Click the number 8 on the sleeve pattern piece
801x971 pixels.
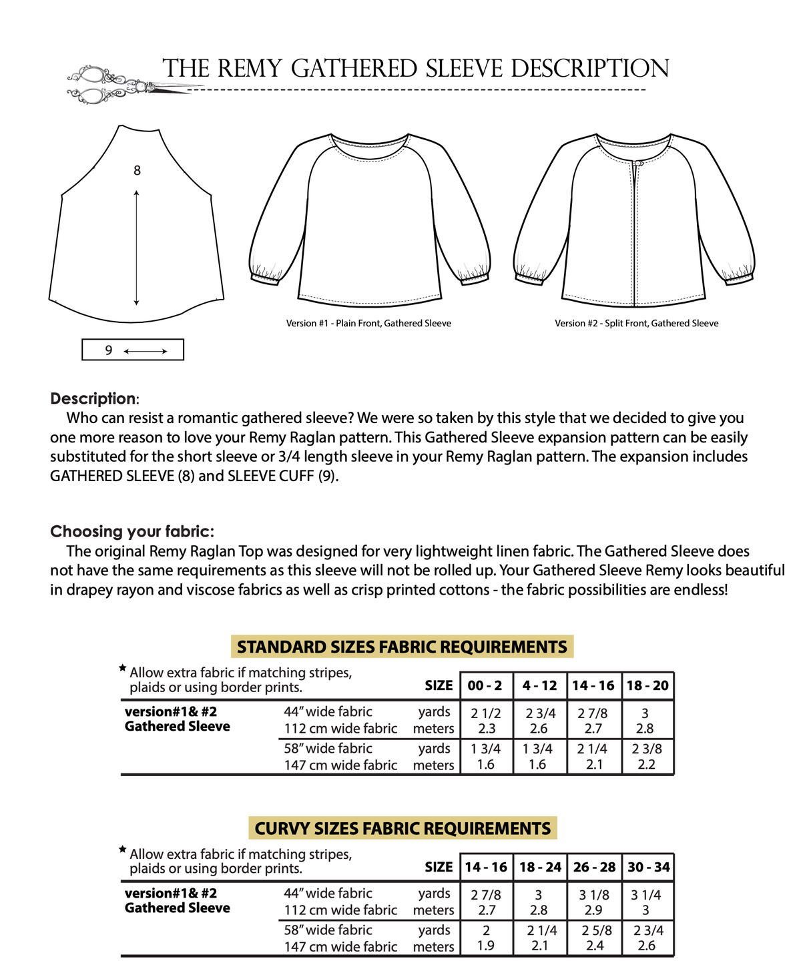click(137, 171)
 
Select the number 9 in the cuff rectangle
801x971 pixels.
click(109, 350)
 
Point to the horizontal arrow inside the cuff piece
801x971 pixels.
click(146, 351)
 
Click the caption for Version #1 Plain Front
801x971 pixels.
click(368, 324)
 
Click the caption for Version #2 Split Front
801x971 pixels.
click(636, 324)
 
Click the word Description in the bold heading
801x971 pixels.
click(93, 399)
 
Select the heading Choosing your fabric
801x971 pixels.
click(132, 532)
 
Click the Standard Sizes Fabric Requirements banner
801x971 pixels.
click(402, 647)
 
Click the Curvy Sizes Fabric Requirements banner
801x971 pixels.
click(403, 829)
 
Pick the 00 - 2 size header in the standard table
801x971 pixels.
click(485, 686)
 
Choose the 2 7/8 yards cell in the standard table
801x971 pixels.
click(593, 713)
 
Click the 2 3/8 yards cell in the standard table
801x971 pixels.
click(647, 749)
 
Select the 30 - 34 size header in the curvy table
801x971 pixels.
click(648, 868)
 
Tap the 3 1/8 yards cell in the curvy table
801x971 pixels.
click(593, 895)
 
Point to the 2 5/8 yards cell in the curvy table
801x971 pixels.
click(593, 931)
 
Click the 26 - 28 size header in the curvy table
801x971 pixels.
click(594, 868)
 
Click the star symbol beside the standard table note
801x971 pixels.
click(122, 668)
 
